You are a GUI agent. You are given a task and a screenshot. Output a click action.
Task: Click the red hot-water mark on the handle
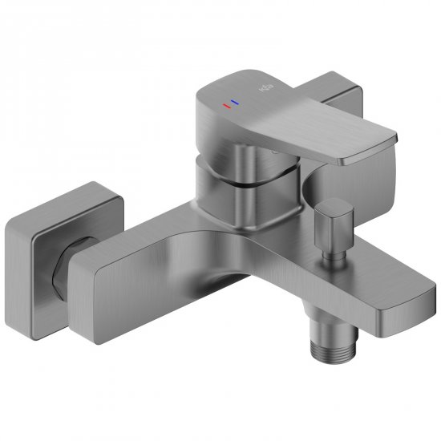(x=225, y=104)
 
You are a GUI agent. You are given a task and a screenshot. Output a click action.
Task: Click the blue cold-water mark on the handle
(x=234, y=102)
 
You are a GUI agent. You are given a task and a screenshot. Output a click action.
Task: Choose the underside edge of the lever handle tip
(x=361, y=161)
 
